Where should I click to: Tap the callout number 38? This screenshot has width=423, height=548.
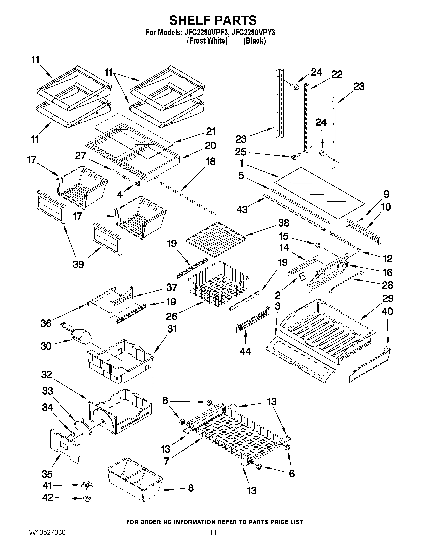click(283, 223)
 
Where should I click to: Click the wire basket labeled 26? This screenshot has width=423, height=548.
click(218, 284)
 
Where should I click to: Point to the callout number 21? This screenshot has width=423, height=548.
click(210, 131)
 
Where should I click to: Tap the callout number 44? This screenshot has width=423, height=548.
click(245, 351)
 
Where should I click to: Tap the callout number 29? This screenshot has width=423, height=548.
click(388, 298)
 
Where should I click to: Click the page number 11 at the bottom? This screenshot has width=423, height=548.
click(213, 538)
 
